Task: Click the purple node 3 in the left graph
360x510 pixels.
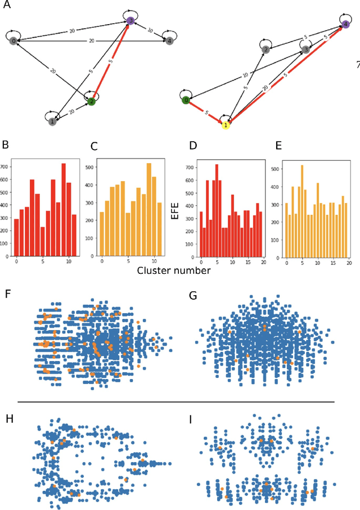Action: tap(130, 21)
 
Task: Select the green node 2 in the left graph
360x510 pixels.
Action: tap(91, 102)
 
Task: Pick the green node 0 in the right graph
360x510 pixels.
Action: tap(186, 100)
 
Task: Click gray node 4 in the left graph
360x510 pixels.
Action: tap(169, 40)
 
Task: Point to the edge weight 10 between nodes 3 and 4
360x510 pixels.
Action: tap(150, 31)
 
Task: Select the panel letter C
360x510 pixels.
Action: tap(94, 148)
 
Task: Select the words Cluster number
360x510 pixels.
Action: tap(174, 270)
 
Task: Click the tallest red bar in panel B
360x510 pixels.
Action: tap(63, 209)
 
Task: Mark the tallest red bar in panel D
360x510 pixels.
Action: tap(217, 210)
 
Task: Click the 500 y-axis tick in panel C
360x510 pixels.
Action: tap(90, 167)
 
